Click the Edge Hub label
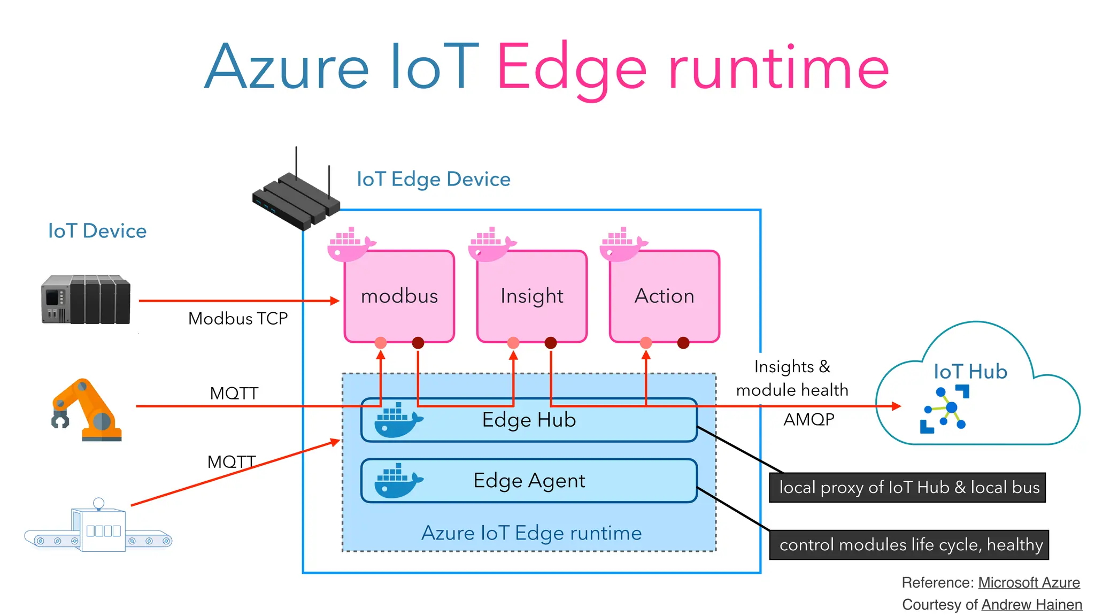click(x=529, y=420)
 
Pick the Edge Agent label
click(x=529, y=480)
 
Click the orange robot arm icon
click(x=87, y=411)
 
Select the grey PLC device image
click(x=86, y=299)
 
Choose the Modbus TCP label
click(x=238, y=319)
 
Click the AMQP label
click(x=808, y=419)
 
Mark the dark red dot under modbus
click(x=418, y=343)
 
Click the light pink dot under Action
click(x=646, y=343)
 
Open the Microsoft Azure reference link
click(x=1029, y=582)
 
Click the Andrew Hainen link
click(x=1031, y=605)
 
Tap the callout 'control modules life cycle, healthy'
click(x=909, y=545)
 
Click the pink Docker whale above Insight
click(x=490, y=245)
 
